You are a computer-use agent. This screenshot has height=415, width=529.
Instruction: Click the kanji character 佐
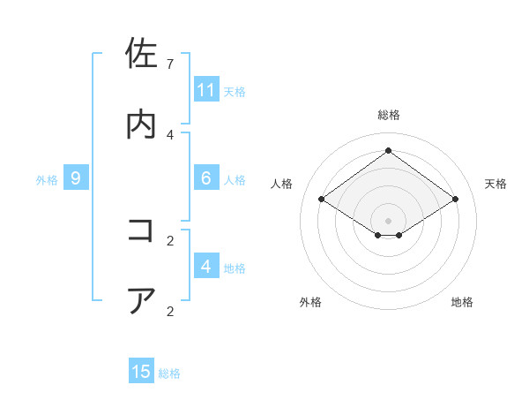[141, 55]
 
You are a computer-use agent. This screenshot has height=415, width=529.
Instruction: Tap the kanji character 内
[141, 124]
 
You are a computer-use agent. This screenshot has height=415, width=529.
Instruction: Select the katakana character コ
[141, 230]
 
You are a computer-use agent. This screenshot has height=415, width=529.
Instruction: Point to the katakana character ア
[141, 300]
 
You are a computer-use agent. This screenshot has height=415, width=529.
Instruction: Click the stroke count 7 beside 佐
[170, 64]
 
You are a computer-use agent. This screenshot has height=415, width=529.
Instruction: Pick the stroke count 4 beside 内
[170, 134]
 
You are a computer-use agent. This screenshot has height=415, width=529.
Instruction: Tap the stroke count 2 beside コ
[170, 240]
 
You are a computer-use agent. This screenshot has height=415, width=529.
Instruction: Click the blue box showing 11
[206, 89]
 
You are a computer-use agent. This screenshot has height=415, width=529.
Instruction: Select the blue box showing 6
[206, 178]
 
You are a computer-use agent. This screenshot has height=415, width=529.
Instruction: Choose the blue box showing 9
[76, 178]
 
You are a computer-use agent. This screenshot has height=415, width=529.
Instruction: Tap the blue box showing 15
[141, 372]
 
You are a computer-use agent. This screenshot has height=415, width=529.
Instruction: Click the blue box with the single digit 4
[206, 267]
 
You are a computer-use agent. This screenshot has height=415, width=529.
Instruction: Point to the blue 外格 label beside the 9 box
[47, 179]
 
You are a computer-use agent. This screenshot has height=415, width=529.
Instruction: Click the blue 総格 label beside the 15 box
[169, 373]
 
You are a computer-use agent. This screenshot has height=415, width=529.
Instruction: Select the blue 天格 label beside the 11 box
[235, 91]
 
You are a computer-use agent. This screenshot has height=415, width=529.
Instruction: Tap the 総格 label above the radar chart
[388, 115]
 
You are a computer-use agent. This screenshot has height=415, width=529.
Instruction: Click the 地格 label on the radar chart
[462, 302]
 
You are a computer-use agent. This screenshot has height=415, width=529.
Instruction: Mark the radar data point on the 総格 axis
[388, 150]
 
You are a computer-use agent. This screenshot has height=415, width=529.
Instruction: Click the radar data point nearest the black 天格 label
[455, 200]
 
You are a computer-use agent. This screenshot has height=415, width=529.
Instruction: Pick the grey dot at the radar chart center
[388, 219]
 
